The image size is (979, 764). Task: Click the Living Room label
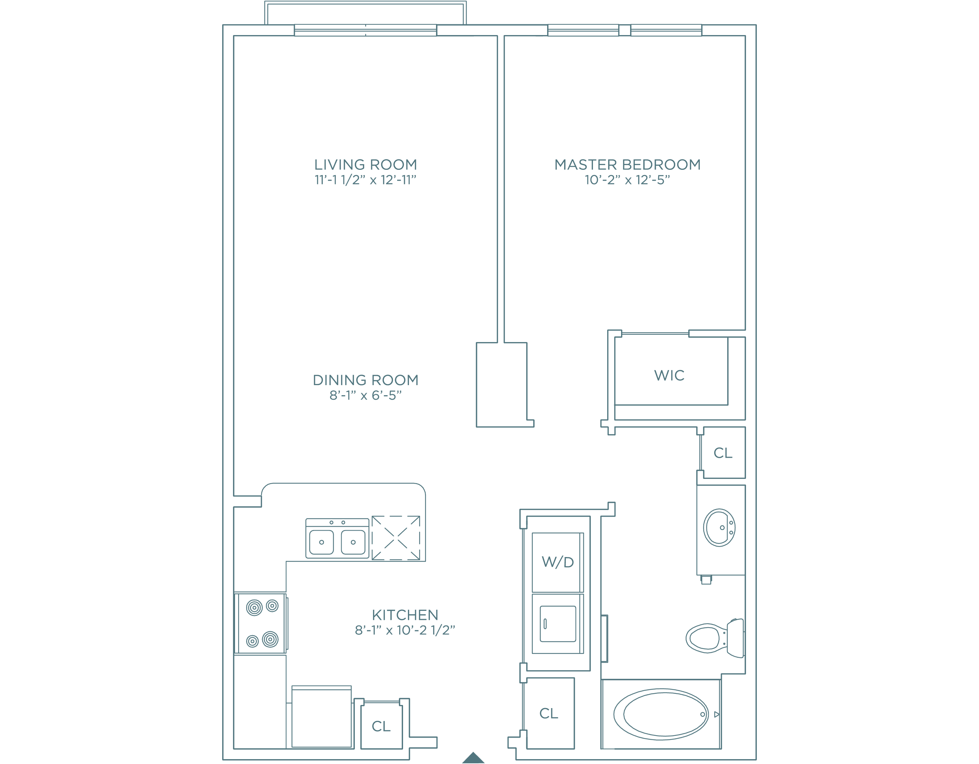tap(365, 165)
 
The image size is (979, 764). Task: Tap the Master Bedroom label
tap(628, 165)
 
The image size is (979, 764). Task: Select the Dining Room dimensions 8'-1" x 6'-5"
tap(365, 396)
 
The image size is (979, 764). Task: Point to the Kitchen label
tap(405, 615)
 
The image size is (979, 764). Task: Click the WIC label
tap(669, 375)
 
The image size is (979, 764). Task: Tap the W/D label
tap(558, 562)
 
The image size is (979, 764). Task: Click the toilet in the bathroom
tap(715, 638)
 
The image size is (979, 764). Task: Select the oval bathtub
tap(661, 714)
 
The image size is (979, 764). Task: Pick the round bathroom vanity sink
tap(719, 528)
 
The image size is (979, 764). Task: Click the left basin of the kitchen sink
tap(321, 542)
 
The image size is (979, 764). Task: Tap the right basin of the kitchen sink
tap(353, 542)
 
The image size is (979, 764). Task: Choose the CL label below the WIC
tap(723, 453)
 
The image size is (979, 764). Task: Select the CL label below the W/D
tap(549, 713)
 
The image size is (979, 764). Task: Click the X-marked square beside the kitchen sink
tap(396, 538)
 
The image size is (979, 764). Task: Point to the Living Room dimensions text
tap(365, 180)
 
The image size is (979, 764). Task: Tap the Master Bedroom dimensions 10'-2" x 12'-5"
tap(628, 180)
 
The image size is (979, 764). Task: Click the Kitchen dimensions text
tap(405, 630)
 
